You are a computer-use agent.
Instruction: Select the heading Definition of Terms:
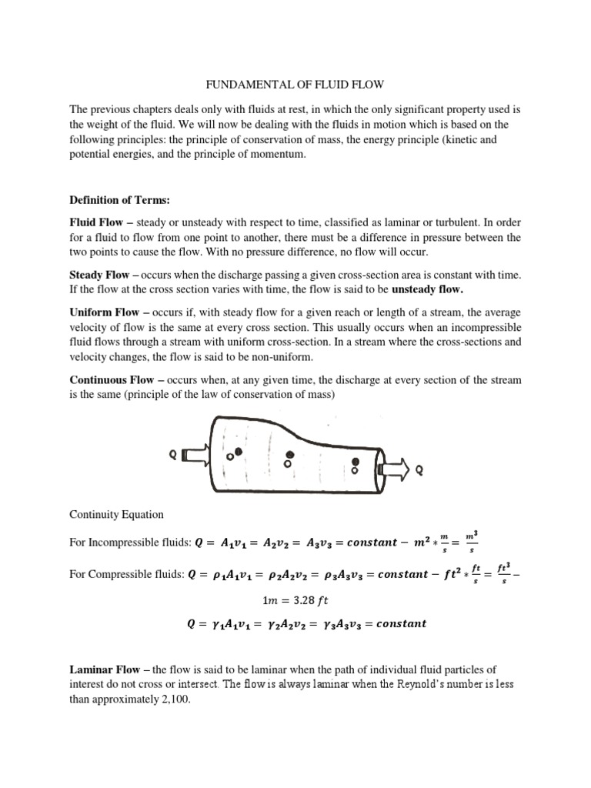coord(119,200)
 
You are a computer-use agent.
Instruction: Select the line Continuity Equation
coord(116,515)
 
